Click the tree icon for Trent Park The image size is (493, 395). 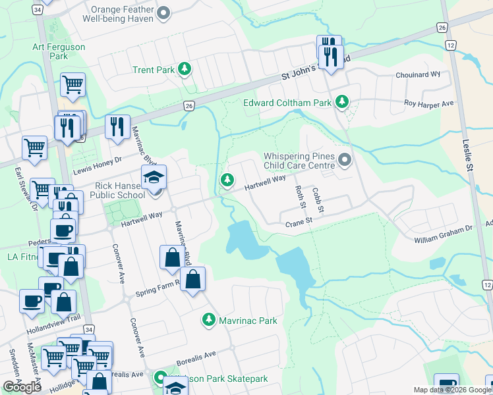[186, 70]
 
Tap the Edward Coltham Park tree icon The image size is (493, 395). [341, 102]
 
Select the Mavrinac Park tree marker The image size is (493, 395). [208, 320]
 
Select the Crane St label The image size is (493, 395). [298, 223]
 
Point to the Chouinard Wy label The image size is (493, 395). [418, 74]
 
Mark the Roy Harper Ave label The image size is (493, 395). [429, 104]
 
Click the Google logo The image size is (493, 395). [22, 387]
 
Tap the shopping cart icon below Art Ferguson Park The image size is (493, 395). [72, 85]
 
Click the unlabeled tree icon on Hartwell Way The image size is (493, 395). [227, 180]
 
